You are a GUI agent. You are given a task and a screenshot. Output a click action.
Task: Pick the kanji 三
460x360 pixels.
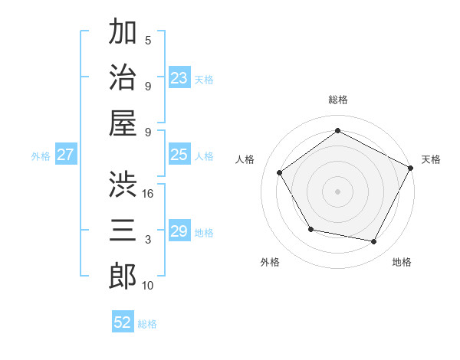(x=123, y=230)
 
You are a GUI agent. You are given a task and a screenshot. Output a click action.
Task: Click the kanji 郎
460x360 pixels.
(x=123, y=276)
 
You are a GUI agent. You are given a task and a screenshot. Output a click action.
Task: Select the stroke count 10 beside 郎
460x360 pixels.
(x=148, y=286)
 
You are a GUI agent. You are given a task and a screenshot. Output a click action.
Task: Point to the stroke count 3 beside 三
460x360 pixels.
(x=148, y=240)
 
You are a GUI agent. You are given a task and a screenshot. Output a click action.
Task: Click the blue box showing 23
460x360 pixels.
(x=179, y=78)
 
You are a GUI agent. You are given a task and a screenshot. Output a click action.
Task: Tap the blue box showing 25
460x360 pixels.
(x=179, y=155)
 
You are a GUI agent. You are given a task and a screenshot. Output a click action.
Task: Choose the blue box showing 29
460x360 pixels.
(x=179, y=231)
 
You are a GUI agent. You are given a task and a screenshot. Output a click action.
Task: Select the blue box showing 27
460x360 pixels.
(x=66, y=155)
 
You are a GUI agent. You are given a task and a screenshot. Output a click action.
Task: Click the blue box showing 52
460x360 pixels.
(x=123, y=322)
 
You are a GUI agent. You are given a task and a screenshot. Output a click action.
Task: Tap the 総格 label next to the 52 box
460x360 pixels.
(x=147, y=324)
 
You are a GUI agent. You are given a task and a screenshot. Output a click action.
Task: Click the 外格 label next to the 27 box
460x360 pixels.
(x=41, y=156)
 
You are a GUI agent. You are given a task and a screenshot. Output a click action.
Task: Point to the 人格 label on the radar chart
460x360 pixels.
(x=245, y=159)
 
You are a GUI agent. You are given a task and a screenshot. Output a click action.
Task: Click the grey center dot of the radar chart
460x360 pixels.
(x=337, y=191)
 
